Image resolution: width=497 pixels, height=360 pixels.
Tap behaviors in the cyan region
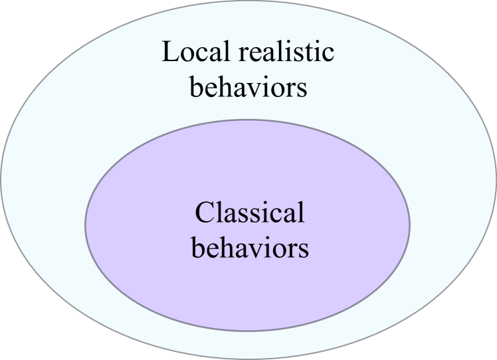coord(248,87)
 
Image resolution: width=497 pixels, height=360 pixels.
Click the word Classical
coord(249,213)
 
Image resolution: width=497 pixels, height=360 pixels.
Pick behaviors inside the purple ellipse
coord(250,248)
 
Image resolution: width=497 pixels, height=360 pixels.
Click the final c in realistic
coord(328,54)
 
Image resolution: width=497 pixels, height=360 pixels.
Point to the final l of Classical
coord(300,212)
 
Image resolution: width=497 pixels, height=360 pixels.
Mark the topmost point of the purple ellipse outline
coord(247,120)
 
